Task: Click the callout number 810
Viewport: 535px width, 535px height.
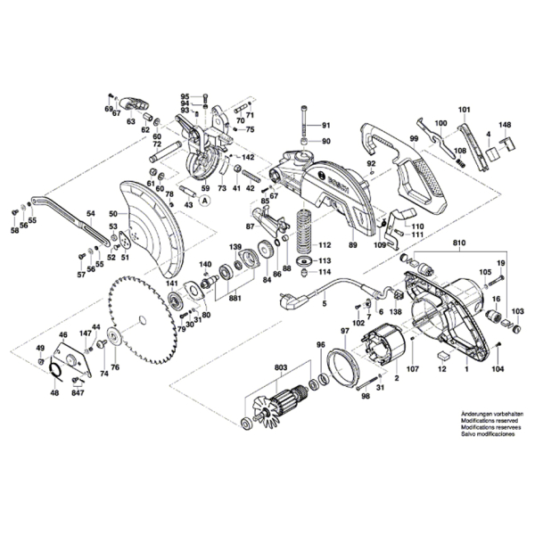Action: (x=459, y=242)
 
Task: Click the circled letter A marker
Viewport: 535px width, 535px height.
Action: (x=205, y=202)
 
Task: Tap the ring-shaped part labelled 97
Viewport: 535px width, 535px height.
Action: (x=339, y=366)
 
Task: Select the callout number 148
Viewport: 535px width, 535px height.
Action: (x=505, y=125)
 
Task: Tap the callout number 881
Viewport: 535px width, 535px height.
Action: (x=235, y=299)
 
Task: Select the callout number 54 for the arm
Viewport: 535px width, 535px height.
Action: (x=89, y=214)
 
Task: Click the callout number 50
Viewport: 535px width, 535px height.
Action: (x=112, y=214)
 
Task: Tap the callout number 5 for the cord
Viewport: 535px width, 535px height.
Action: (x=324, y=304)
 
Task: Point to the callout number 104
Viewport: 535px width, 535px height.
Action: (x=498, y=367)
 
